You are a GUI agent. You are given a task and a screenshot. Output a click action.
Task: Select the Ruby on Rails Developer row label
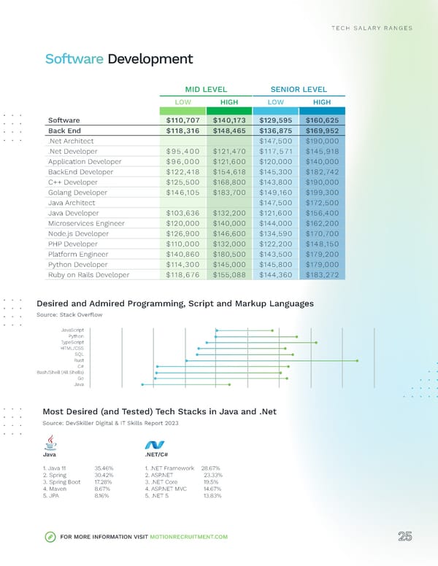(88, 275)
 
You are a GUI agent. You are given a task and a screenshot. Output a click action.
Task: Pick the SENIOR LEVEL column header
(298, 89)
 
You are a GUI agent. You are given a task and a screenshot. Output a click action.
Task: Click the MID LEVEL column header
(207, 89)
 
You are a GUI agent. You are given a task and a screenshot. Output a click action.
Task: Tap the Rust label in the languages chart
(79, 360)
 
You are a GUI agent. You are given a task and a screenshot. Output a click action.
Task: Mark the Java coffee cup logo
(50, 443)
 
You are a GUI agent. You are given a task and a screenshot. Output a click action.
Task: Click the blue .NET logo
(154, 445)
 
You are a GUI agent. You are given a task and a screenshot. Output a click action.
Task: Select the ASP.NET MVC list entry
(168, 489)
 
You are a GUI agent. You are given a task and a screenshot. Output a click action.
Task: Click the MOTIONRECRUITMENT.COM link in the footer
(189, 537)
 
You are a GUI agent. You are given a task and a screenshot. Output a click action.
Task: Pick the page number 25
(405, 536)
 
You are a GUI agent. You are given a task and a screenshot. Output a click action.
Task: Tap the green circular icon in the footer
(50, 537)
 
